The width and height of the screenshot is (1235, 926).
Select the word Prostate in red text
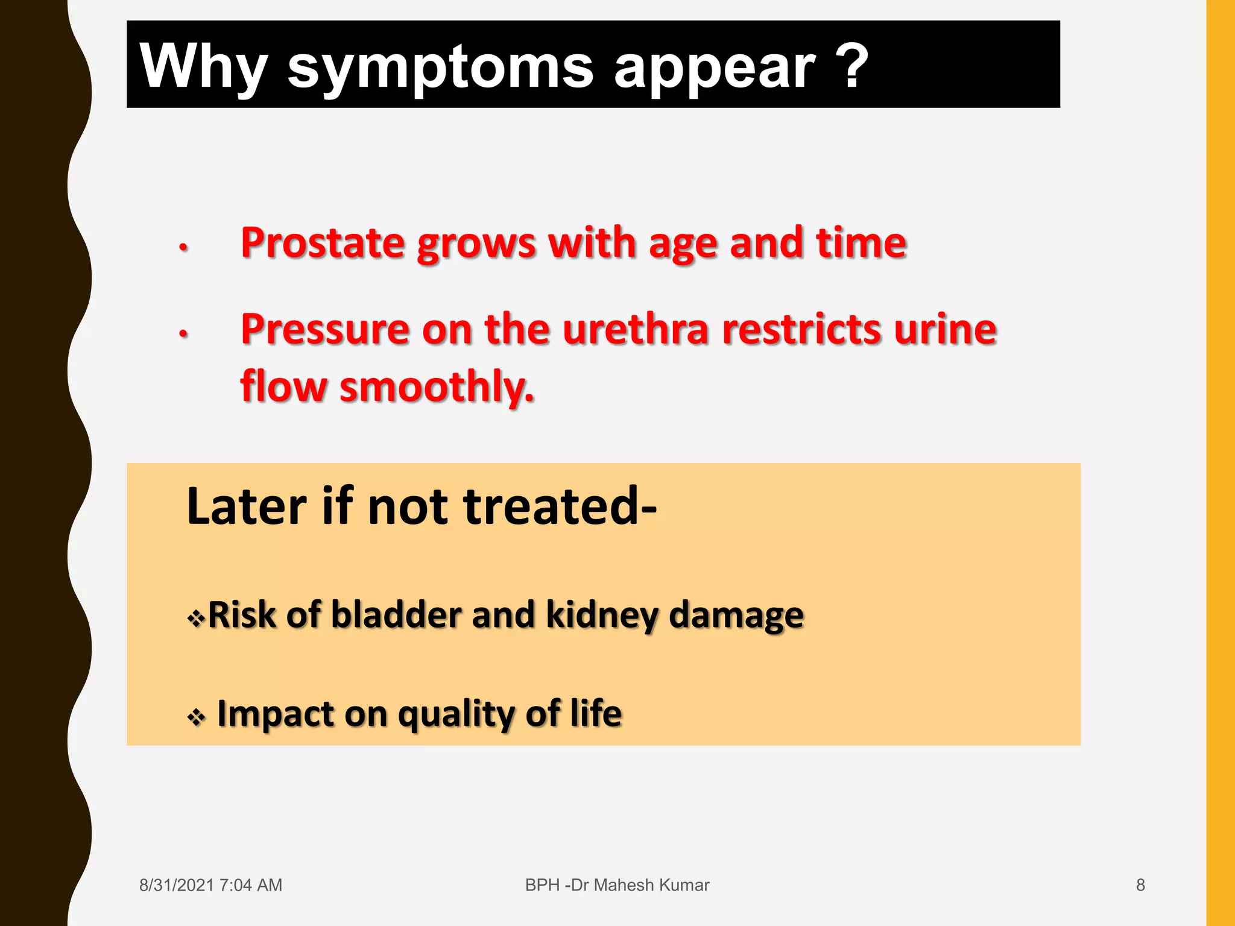(323, 243)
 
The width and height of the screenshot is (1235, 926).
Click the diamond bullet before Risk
(196, 619)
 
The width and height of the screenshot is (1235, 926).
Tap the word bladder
(396, 615)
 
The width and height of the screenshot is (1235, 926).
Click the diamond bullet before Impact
(196, 717)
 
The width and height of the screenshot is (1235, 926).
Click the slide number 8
(1140, 885)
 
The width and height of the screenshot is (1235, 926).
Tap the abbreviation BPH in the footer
(542, 885)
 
